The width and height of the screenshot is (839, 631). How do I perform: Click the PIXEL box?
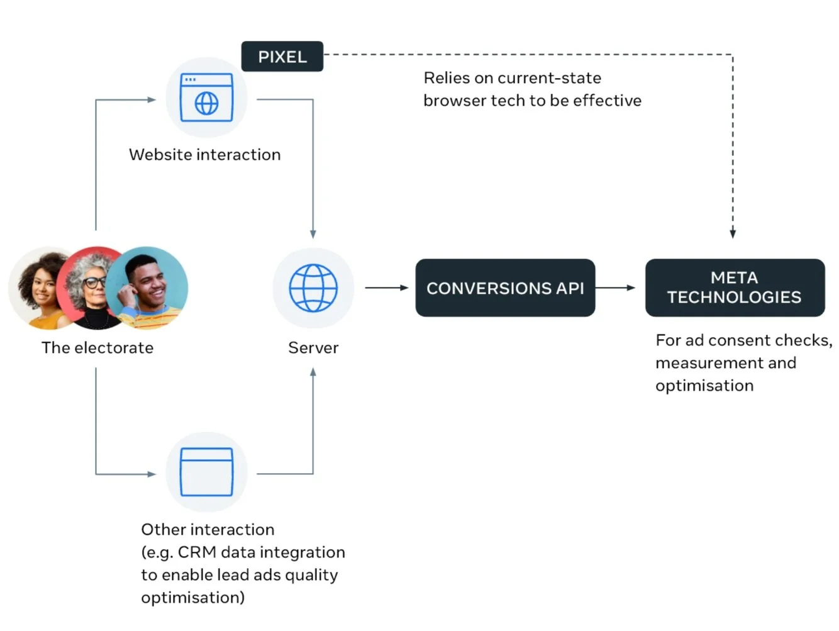tap(282, 57)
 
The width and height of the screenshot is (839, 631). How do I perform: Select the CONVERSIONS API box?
tap(505, 288)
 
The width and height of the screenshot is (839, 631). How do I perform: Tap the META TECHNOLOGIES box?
tap(735, 288)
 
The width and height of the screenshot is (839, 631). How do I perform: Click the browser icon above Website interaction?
tap(206, 98)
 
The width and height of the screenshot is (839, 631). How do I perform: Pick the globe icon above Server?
tap(313, 288)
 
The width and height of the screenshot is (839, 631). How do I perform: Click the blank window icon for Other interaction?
tap(206, 472)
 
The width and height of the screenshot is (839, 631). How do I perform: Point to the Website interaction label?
tap(204, 155)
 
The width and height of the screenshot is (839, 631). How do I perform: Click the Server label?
tap(313, 348)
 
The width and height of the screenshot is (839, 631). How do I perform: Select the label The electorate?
tap(97, 348)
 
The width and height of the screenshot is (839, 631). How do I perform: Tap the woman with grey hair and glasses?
tap(91, 288)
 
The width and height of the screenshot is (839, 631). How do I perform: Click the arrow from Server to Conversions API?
tap(386, 288)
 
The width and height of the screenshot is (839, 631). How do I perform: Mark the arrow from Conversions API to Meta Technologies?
tap(615, 288)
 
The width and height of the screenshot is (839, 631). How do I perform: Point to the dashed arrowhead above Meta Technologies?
tap(733, 233)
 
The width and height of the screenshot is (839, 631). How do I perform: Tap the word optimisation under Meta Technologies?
tap(704, 386)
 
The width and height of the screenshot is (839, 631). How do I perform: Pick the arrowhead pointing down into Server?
tap(313, 234)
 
